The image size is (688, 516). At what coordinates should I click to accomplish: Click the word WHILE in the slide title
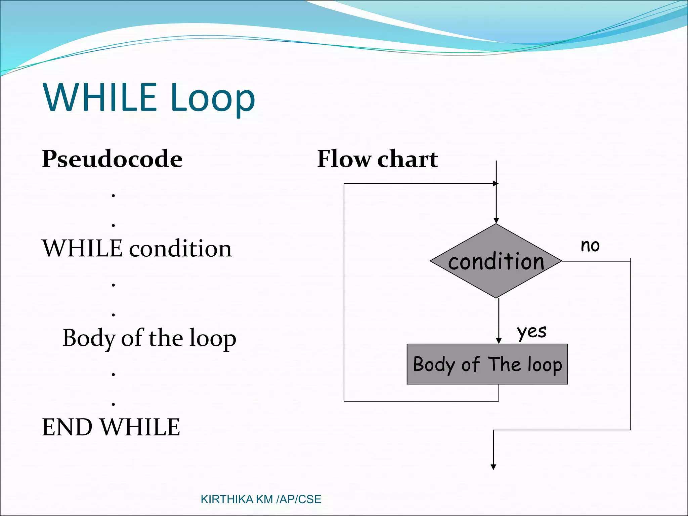point(100,97)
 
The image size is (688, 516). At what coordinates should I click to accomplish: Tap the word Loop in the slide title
point(213,98)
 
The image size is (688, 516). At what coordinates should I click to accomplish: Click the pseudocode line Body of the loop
point(149,338)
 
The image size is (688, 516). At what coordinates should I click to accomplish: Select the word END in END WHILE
point(67,427)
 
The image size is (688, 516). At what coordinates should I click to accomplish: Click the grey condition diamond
point(496,261)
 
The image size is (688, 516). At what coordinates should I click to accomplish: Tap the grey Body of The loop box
point(487,364)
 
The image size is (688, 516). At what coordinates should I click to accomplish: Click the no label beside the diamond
point(590,246)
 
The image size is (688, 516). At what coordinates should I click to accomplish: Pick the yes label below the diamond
point(532,332)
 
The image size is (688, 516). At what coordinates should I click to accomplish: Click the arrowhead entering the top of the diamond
point(496,221)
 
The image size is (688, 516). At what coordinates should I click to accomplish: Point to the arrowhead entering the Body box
point(499,341)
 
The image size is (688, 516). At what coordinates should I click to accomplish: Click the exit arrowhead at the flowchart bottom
point(493,467)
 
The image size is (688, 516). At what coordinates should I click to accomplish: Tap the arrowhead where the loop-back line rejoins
point(496,183)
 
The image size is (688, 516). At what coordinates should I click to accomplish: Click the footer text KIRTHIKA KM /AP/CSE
point(261,499)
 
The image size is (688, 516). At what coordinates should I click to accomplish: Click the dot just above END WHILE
point(114,404)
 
